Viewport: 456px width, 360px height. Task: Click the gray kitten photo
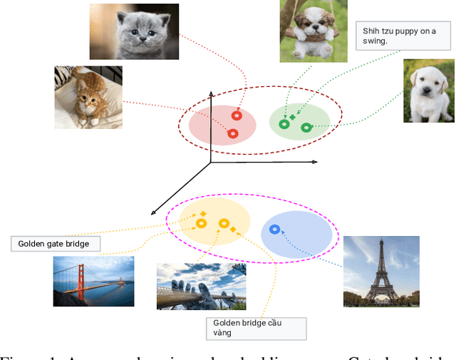[134, 31]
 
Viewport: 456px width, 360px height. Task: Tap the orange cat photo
[88, 97]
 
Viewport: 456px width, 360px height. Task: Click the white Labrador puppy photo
[428, 91]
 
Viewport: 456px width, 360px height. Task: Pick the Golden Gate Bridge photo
[93, 281]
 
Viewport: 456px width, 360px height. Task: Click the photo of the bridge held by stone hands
[201, 286]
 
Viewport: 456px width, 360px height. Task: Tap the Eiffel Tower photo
[381, 271]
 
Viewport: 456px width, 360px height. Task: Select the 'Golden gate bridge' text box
[56, 244]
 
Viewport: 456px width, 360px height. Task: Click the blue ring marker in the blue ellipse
[275, 230]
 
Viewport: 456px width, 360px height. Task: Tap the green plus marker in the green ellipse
[292, 116]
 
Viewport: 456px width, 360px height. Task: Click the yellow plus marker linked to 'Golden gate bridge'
[203, 214]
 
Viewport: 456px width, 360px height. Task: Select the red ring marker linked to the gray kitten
[237, 115]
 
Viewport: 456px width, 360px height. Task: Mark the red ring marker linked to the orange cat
[232, 133]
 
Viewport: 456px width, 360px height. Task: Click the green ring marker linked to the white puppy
[306, 128]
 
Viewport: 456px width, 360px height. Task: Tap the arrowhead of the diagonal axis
[153, 211]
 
